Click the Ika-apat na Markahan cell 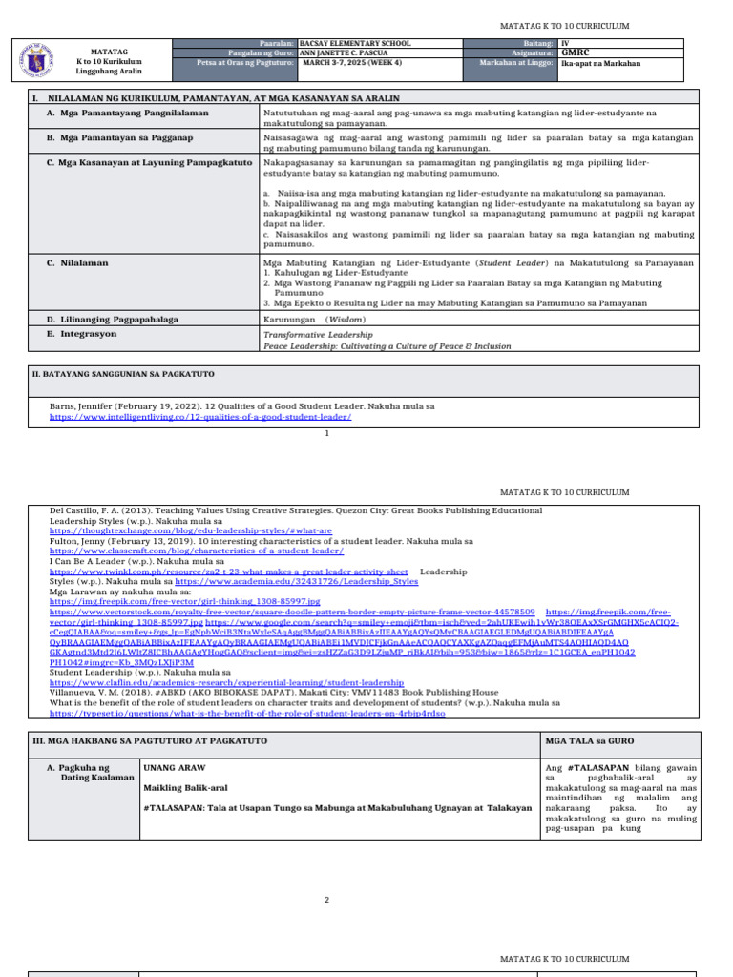[x=601, y=64]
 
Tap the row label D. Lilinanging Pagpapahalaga [x=112, y=320]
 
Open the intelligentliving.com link [x=200, y=417]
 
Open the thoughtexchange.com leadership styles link [x=191, y=531]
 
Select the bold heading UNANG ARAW [x=174, y=767]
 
